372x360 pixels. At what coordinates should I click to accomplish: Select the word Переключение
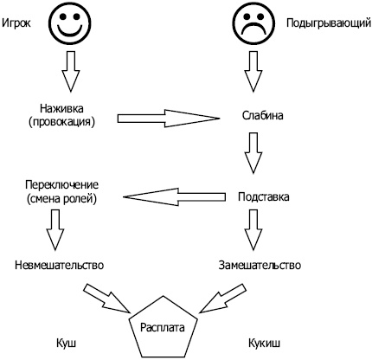(61, 186)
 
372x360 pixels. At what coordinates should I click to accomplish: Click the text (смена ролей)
(61, 200)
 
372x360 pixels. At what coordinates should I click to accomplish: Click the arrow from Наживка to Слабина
(166, 116)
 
